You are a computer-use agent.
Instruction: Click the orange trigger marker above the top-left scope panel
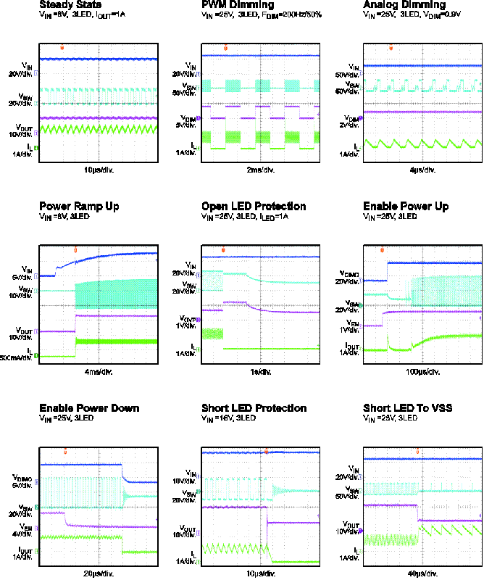(62, 48)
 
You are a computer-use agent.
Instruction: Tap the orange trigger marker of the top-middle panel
(225, 49)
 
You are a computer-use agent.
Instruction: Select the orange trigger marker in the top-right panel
(391, 48)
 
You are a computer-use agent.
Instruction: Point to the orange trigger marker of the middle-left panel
(75, 250)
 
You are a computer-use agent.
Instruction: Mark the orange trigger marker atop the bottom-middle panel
(266, 451)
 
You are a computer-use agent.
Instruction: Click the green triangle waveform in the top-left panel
(98, 129)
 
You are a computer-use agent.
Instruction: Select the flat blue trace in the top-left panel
(98, 59)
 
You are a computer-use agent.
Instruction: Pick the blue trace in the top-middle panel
(261, 55)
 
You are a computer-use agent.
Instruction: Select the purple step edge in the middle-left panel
(75, 323)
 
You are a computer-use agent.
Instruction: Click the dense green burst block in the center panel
(212, 333)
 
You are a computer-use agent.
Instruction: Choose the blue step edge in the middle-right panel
(387, 271)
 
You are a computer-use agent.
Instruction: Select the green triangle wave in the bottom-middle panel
(232, 548)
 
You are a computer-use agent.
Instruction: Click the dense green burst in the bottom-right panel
(390, 540)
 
